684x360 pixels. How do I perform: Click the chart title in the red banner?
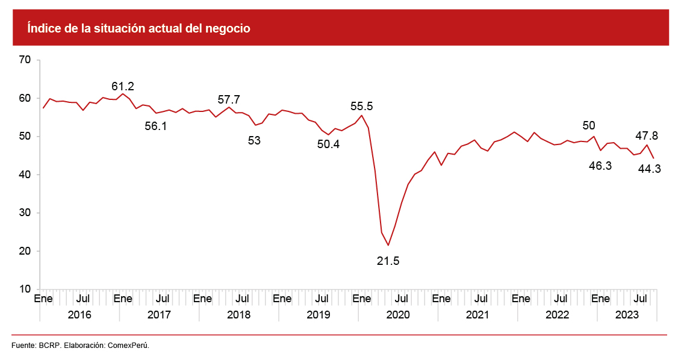tap(138, 28)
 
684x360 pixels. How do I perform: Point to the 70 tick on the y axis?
tap(25, 60)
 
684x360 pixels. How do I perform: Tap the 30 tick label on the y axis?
tap(25, 213)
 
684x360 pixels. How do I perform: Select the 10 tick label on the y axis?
tap(25, 290)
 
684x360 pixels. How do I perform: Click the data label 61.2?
tap(123, 86)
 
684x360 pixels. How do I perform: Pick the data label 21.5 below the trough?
tap(388, 261)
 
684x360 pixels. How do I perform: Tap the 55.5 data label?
tap(362, 106)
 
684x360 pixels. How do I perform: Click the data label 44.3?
tap(650, 169)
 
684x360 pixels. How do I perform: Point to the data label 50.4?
tap(328, 144)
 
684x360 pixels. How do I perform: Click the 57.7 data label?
tap(229, 99)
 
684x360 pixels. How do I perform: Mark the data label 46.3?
tap(600, 166)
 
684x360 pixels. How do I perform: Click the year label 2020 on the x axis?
tap(397, 315)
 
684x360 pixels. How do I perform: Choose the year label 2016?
tap(79, 315)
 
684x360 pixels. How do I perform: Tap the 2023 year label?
tap(627, 315)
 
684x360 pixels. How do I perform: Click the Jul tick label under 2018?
tap(242, 299)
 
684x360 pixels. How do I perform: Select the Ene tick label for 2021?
tap(441, 299)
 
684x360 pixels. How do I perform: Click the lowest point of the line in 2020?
tap(388, 245)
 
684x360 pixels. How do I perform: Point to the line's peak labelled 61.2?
tap(123, 94)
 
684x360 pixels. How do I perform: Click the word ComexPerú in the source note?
tap(128, 346)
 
